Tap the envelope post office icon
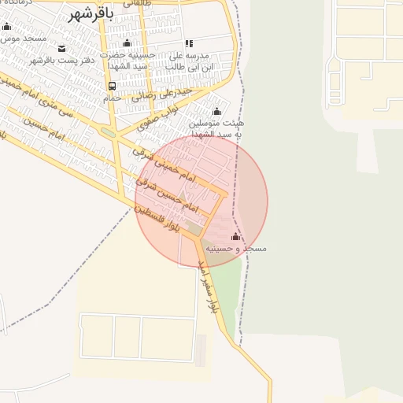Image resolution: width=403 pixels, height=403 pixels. click(x=62, y=48)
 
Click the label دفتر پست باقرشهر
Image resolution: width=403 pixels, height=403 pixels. click(x=61, y=60)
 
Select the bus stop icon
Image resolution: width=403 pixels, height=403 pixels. click(x=112, y=87)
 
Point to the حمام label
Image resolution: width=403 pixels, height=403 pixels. click(x=112, y=98)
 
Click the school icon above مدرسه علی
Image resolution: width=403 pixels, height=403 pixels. click(x=189, y=44)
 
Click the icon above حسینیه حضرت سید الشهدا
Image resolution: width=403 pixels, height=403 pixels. click(x=128, y=43)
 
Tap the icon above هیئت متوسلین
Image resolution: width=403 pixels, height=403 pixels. click(x=217, y=112)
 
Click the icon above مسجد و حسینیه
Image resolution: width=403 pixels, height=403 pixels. click(x=235, y=237)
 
